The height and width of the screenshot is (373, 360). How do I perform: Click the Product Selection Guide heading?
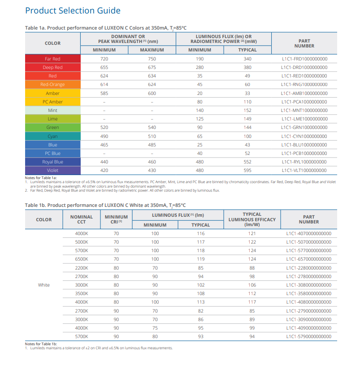(73, 11)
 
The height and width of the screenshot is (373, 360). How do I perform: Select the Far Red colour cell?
(52, 59)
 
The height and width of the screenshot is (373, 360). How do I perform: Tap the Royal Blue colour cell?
(52, 162)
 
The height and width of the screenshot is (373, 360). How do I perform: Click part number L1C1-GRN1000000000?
(304, 128)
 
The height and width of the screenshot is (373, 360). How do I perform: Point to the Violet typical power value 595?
(247, 170)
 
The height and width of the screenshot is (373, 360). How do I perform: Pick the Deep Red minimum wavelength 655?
(104, 68)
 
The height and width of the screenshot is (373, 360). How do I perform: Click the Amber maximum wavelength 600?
(152, 93)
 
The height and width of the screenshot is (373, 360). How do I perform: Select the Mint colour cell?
(52, 110)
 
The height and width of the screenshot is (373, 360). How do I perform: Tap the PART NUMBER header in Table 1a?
(304, 43)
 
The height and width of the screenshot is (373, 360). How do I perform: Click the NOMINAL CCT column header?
(82, 219)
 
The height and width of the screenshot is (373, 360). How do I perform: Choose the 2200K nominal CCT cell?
(82, 268)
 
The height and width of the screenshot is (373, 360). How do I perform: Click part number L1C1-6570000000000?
(308, 259)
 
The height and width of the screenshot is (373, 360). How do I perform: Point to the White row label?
(44, 285)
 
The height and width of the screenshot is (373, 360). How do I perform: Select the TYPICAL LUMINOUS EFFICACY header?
(252, 219)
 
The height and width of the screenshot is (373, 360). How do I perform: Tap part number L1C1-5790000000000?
(308, 336)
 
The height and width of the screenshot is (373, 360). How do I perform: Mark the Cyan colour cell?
(52, 136)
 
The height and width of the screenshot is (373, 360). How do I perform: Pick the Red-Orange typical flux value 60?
(247, 85)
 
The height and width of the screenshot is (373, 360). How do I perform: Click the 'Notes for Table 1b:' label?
(41, 343)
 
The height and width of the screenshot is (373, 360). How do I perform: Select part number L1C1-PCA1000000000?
(304, 102)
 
